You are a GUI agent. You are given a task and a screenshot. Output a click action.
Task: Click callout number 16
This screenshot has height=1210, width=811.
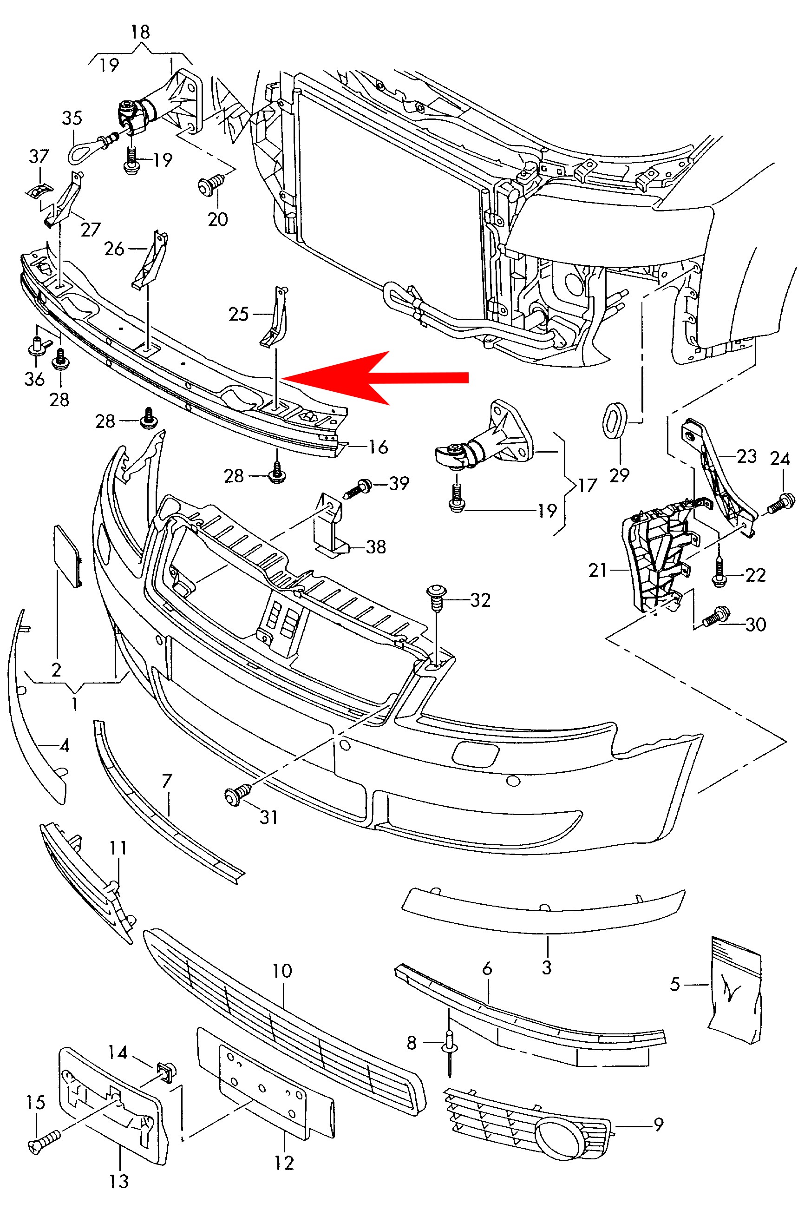[x=378, y=447]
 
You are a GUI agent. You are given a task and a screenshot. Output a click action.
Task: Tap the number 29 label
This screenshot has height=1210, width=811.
[x=619, y=475]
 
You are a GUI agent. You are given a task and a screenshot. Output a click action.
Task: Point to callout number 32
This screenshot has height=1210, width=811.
[x=480, y=600]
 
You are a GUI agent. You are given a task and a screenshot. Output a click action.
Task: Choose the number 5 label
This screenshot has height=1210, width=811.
[x=674, y=984]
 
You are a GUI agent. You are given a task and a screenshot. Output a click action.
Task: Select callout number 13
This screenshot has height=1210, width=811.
[x=118, y=1181]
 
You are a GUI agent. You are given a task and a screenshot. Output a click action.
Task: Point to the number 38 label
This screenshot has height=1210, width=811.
[x=375, y=547]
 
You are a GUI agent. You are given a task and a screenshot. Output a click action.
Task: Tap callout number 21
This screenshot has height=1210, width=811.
[x=597, y=570]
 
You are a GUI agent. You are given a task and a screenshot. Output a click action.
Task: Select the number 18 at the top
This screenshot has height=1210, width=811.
[x=140, y=32]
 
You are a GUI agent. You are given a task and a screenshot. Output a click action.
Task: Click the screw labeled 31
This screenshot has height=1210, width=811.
[x=238, y=794]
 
